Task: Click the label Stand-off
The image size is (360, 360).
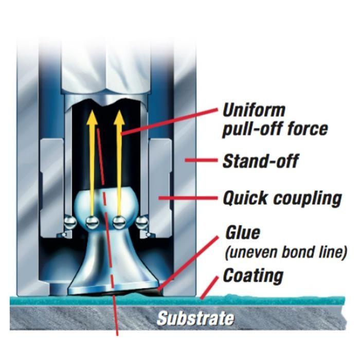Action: [x=260, y=161]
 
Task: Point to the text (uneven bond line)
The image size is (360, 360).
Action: [x=286, y=253]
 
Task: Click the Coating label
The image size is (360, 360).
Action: [x=253, y=276]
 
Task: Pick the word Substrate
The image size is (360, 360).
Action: [x=195, y=318]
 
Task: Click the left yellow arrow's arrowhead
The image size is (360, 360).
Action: [x=92, y=117]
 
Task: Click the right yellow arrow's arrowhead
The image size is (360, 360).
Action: [x=119, y=117]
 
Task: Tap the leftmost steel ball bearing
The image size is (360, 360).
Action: [x=68, y=222]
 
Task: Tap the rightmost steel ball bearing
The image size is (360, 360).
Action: [x=142, y=222]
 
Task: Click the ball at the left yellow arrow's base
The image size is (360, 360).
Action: [x=92, y=222]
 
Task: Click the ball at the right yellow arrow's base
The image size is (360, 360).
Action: [x=119, y=222]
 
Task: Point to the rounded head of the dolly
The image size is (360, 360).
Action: [x=105, y=203]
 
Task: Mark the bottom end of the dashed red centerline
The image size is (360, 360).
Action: [x=118, y=333]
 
